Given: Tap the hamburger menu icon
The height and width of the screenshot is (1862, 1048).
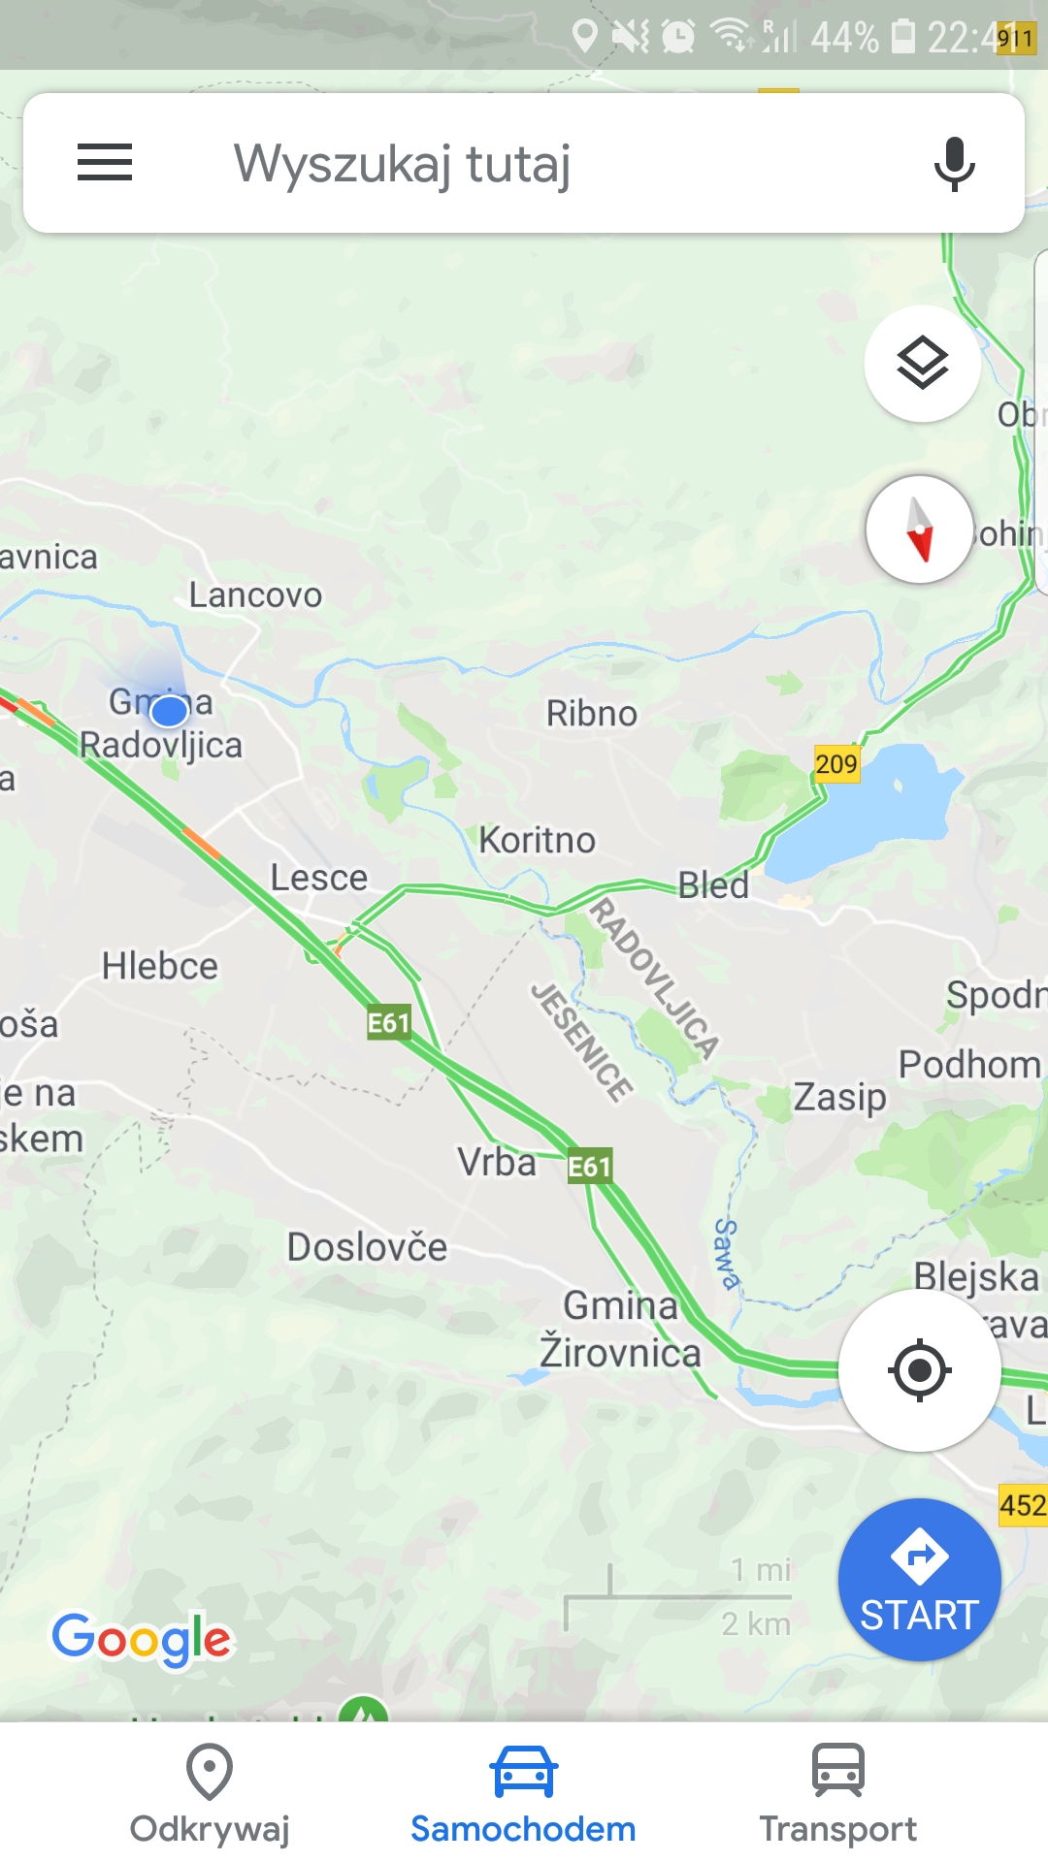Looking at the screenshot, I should click(105, 162).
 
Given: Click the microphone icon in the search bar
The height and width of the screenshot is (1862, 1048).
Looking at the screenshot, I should click(954, 163).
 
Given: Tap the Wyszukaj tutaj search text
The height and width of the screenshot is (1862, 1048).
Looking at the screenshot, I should click(402, 163).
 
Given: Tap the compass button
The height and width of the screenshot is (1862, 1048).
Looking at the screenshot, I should click(919, 530).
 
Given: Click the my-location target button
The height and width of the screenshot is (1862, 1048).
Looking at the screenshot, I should click(919, 1369).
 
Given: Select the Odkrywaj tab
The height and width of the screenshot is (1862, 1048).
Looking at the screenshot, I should click(210, 1794).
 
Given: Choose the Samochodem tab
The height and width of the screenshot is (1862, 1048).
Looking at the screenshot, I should click(523, 1794).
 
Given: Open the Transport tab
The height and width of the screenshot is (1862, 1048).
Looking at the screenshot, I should click(837, 1794).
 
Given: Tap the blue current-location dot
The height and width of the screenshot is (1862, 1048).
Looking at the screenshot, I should click(170, 711).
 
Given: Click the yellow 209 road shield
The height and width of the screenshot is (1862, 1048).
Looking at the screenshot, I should click(835, 764).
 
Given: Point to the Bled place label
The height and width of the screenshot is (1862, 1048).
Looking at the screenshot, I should click(713, 884).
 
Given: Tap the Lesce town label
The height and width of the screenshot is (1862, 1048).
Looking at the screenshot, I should click(318, 878).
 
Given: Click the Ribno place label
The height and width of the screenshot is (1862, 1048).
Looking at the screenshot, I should click(592, 714).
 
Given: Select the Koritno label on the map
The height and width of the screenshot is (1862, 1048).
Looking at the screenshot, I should click(538, 840).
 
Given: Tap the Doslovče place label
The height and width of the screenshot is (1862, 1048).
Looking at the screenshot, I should click(367, 1247).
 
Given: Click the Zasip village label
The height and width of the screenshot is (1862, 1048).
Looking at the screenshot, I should click(839, 1098).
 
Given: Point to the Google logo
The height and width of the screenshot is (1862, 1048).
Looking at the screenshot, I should click(142, 1639).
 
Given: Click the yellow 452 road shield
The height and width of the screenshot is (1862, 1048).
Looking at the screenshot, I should click(1023, 1505).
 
